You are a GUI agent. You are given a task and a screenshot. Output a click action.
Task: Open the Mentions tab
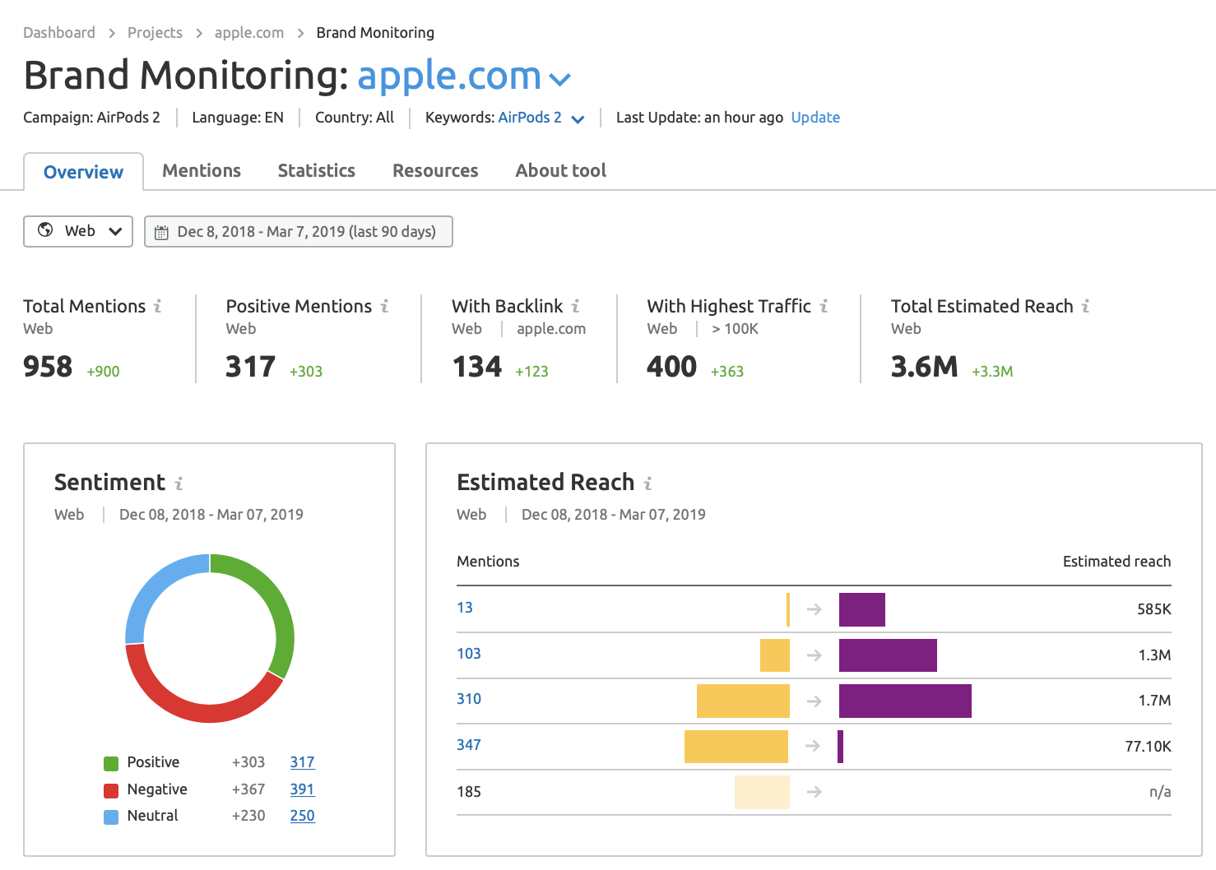coord(202,170)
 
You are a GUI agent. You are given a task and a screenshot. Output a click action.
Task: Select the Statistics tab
coord(316,170)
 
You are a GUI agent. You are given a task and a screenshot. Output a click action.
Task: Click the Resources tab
coord(435,170)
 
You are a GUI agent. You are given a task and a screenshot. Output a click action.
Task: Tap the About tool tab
coord(560,170)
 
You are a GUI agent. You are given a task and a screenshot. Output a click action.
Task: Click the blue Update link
coord(815,118)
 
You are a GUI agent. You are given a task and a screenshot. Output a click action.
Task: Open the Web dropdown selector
coord(78,231)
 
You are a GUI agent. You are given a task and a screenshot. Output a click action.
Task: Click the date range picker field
coord(298,232)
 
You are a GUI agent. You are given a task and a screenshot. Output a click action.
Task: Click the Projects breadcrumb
coord(155,33)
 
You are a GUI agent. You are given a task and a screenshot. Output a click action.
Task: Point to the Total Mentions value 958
coord(48,367)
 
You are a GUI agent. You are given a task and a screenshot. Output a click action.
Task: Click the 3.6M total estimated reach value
coord(924,367)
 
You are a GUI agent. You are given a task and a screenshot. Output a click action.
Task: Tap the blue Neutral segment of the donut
coord(152,585)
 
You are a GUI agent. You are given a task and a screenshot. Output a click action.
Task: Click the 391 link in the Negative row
coord(302,789)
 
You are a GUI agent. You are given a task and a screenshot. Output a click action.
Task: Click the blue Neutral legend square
coord(111,817)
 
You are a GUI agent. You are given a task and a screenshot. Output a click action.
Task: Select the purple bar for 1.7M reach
coord(905,701)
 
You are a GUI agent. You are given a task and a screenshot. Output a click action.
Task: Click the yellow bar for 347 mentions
coord(736,747)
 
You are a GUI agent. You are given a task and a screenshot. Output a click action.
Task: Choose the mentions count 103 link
coord(469,654)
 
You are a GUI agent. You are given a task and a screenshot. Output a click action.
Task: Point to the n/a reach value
coord(1159,792)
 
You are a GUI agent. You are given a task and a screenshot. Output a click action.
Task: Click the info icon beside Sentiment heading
coord(179,484)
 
